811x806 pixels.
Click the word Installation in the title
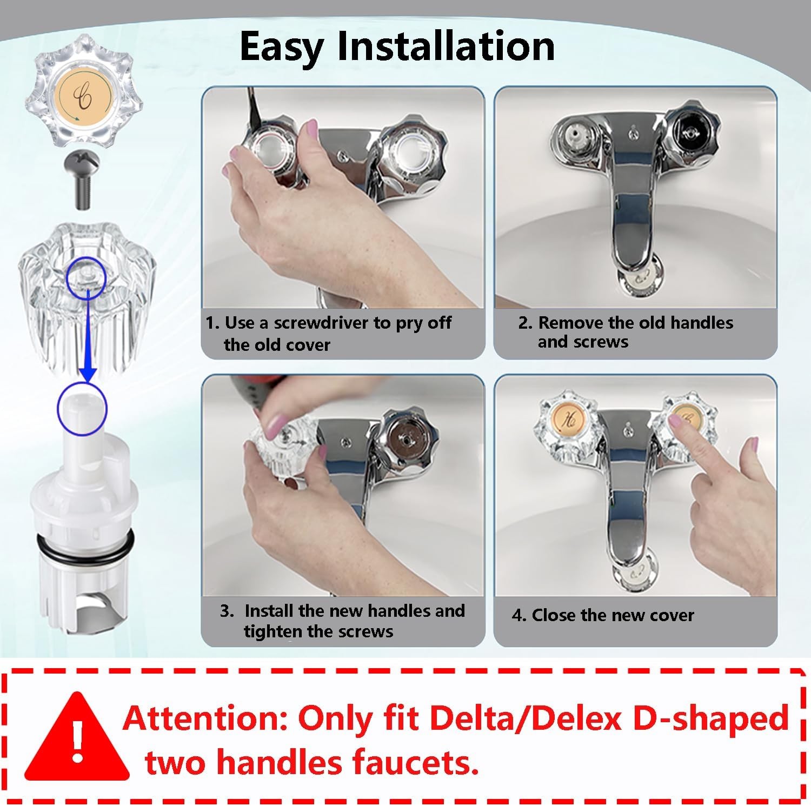click(446, 46)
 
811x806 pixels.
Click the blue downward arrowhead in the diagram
click(88, 374)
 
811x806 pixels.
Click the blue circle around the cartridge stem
click(82, 409)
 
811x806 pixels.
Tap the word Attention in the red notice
click(205, 719)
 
